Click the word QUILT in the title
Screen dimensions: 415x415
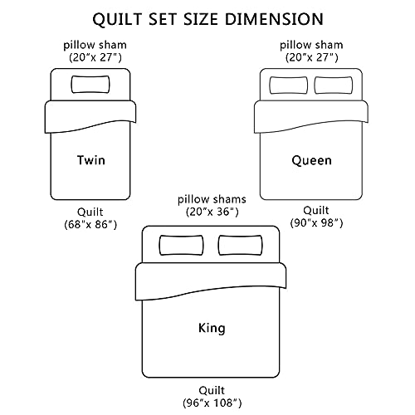(117, 19)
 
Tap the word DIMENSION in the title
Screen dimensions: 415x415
(274, 19)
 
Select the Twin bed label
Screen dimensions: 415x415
(91, 160)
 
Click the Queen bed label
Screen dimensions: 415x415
(311, 160)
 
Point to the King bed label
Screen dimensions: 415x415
(212, 328)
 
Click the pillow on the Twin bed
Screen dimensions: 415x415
(90, 85)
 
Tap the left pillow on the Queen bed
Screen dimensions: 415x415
(289, 85)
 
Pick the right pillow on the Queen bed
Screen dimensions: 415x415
(334, 85)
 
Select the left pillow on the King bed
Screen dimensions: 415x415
(181, 245)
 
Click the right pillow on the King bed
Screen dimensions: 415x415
(241, 245)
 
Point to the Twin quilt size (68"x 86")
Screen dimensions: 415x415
(90, 224)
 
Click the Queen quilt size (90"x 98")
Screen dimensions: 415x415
(316, 222)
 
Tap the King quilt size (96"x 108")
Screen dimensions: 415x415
(212, 403)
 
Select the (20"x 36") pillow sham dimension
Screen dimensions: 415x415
(212, 212)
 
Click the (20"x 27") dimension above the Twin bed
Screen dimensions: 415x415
(95, 57)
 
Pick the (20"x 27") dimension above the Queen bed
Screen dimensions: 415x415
(311, 57)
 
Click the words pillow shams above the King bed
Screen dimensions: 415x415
(212, 199)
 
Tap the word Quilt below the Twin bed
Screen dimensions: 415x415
(90, 212)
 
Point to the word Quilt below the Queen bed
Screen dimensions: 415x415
(316, 210)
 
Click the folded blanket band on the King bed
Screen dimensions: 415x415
(210, 278)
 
